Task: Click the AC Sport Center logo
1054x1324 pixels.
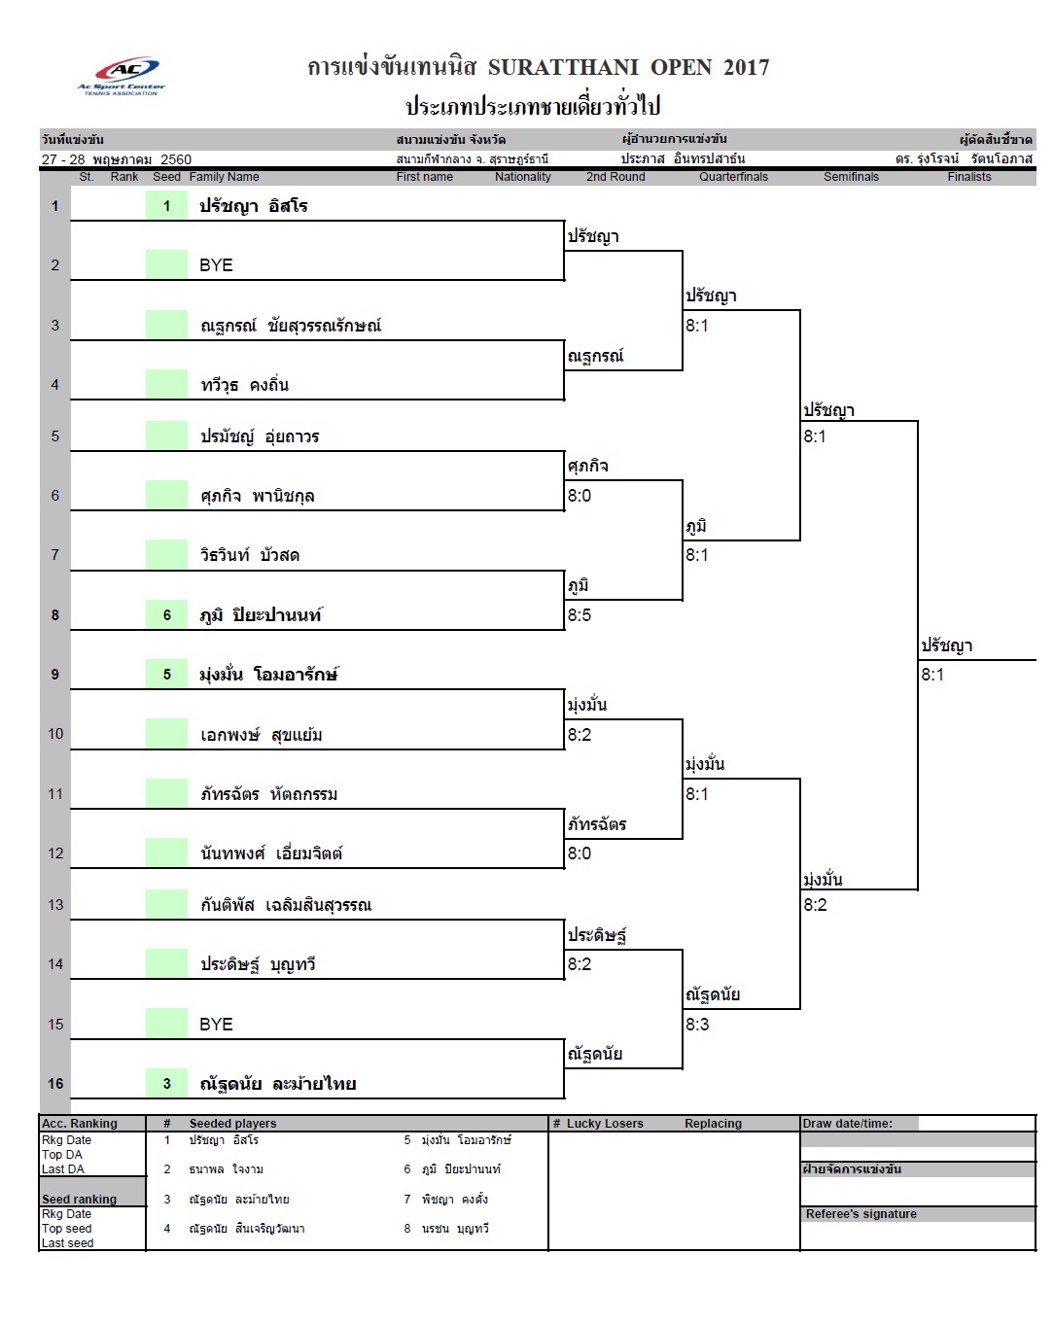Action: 122,76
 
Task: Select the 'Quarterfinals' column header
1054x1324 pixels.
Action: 733,177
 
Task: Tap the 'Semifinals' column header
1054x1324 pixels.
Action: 851,177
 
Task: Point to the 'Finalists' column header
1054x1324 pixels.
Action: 968,177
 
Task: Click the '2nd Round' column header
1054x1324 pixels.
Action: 615,177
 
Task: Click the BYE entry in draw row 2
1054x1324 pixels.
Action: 216,265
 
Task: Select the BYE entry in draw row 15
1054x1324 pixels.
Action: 216,1025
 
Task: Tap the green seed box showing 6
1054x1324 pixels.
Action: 166,614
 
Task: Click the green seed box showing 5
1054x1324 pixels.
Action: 166,674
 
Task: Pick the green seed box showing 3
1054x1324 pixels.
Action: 166,1083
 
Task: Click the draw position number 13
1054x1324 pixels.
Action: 55,905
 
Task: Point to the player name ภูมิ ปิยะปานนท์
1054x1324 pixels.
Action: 261,615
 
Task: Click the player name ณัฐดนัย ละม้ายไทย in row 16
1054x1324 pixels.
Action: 278,1084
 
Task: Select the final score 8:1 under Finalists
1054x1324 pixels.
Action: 932,675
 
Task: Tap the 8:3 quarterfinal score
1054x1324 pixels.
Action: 697,1025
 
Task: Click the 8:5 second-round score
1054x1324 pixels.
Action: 580,615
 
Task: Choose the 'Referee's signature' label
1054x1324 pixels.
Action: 861,1214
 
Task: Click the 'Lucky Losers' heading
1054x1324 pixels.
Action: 605,1124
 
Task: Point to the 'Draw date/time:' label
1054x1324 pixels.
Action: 847,1124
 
